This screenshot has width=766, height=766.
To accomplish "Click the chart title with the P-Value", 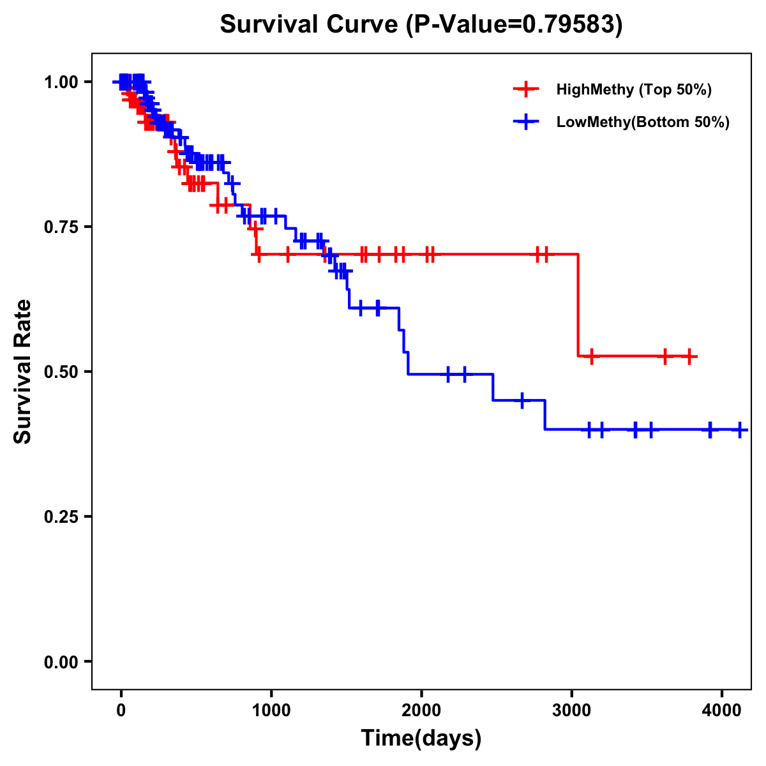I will point(421,24).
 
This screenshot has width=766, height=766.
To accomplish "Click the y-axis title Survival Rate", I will point(23,371).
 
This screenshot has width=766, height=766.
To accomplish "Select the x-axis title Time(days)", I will point(421,738).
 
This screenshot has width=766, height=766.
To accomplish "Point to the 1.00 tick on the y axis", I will point(61,82).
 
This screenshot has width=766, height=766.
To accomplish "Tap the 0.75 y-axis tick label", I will point(61,227).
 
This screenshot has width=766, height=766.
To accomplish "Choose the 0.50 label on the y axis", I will point(61,372).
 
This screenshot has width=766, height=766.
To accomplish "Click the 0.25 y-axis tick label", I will point(61,516).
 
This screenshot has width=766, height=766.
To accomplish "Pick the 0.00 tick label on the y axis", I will point(61,661).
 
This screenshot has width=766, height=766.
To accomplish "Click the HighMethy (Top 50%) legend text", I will point(634,89).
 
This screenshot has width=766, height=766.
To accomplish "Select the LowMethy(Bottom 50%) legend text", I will point(643,122).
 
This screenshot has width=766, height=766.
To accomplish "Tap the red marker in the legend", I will point(526,89).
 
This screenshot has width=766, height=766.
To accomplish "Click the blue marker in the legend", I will point(526,122).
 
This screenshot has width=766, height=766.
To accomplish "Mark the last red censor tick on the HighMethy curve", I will point(689,356).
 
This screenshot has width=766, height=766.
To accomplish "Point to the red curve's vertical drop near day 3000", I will point(578,305).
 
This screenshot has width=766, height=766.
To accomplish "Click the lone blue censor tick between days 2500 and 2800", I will point(522,400).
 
